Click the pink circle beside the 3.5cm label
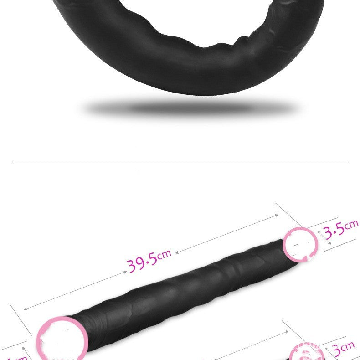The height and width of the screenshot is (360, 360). tap(300, 245)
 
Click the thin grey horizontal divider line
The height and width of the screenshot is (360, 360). tap(180, 162)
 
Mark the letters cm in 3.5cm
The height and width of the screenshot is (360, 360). tap(351, 224)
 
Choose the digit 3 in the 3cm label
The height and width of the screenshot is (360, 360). tap(338, 351)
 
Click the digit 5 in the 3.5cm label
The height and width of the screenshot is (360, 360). tap(340, 228)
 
